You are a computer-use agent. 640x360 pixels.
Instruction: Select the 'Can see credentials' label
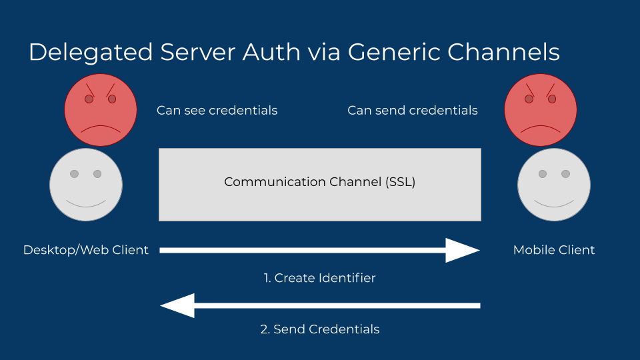(x=217, y=111)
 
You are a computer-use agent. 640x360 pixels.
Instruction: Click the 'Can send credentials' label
(x=413, y=111)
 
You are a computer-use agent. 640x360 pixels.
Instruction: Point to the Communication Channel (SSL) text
(x=319, y=182)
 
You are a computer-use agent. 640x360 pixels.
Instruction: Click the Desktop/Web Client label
(x=86, y=250)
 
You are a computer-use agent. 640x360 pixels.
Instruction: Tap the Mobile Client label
(x=554, y=250)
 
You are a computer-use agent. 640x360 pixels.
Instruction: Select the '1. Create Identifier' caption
(x=319, y=278)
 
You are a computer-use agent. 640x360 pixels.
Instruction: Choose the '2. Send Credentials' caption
(x=319, y=329)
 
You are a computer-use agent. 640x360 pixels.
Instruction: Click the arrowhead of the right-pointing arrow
(x=463, y=250)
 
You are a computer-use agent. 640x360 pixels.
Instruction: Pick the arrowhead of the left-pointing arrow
(x=177, y=305)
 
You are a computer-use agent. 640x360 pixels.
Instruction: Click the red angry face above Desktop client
(x=100, y=109)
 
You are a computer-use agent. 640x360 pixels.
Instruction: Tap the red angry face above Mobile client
(x=541, y=109)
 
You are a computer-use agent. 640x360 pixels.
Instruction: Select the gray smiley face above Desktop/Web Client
(x=85, y=185)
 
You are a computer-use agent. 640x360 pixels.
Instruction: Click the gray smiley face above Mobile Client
(x=553, y=185)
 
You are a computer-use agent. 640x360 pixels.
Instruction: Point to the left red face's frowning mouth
(x=100, y=129)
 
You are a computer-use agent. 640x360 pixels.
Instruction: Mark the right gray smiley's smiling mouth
(x=553, y=203)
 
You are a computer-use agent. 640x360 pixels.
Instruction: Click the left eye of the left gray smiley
(x=74, y=174)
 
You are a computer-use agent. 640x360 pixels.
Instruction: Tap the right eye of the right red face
(x=553, y=99)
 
